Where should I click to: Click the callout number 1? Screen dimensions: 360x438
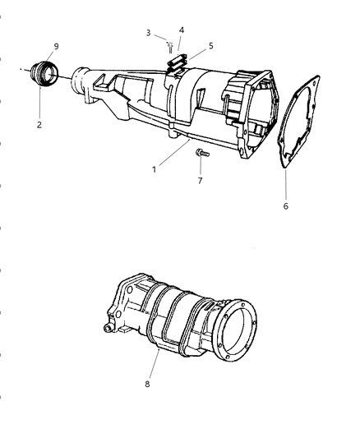tap(154, 169)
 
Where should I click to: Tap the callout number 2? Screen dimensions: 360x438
tap(39, 125)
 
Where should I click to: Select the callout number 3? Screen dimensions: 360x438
tap(148, 33)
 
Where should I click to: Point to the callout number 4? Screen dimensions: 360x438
tap(182, 30)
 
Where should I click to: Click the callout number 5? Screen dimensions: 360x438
tap(211, 45)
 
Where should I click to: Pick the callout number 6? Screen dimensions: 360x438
tap(285, 206)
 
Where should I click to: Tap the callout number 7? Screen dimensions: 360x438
tap(200, 181)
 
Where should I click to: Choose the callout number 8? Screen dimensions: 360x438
tap(147, 384)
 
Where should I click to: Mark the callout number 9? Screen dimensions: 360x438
tap(56, 46)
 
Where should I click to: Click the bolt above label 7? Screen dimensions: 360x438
tap(202, 153)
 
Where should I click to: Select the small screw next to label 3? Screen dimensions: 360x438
tap(170, 47)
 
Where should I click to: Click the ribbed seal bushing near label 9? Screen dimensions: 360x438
tap(44, 74)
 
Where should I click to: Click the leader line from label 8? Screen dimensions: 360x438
tap(155, 364)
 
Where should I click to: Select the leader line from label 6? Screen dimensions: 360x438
tap(286, 185)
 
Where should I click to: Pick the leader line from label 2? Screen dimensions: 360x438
tap(39, 103)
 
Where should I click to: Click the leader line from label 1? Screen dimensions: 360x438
tap(174, 153)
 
